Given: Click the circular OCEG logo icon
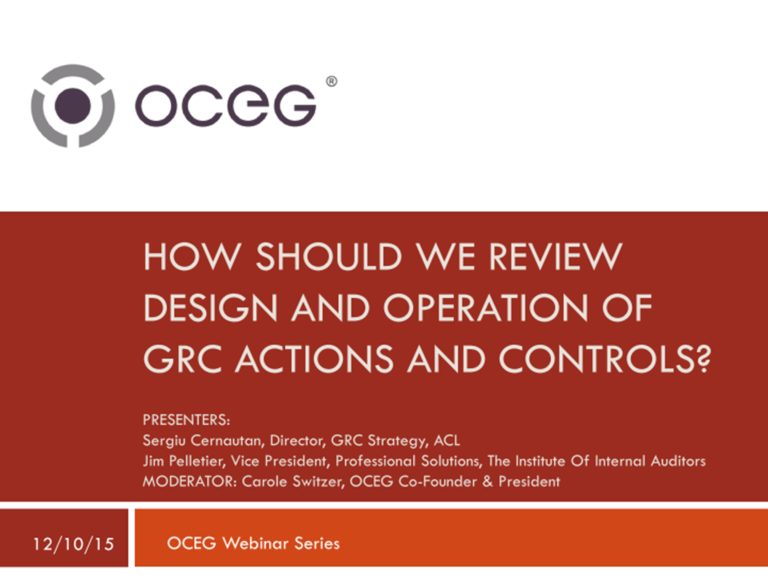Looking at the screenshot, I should point(73,105).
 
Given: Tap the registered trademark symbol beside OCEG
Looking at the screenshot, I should point(331,81).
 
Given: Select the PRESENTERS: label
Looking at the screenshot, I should point(186,421).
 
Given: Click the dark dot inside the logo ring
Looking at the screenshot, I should point(73,105).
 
